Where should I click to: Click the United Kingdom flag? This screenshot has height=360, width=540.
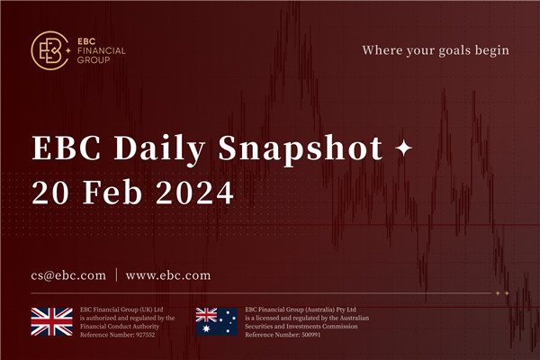pos(51,322)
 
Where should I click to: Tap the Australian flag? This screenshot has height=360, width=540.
pos(217,322)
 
